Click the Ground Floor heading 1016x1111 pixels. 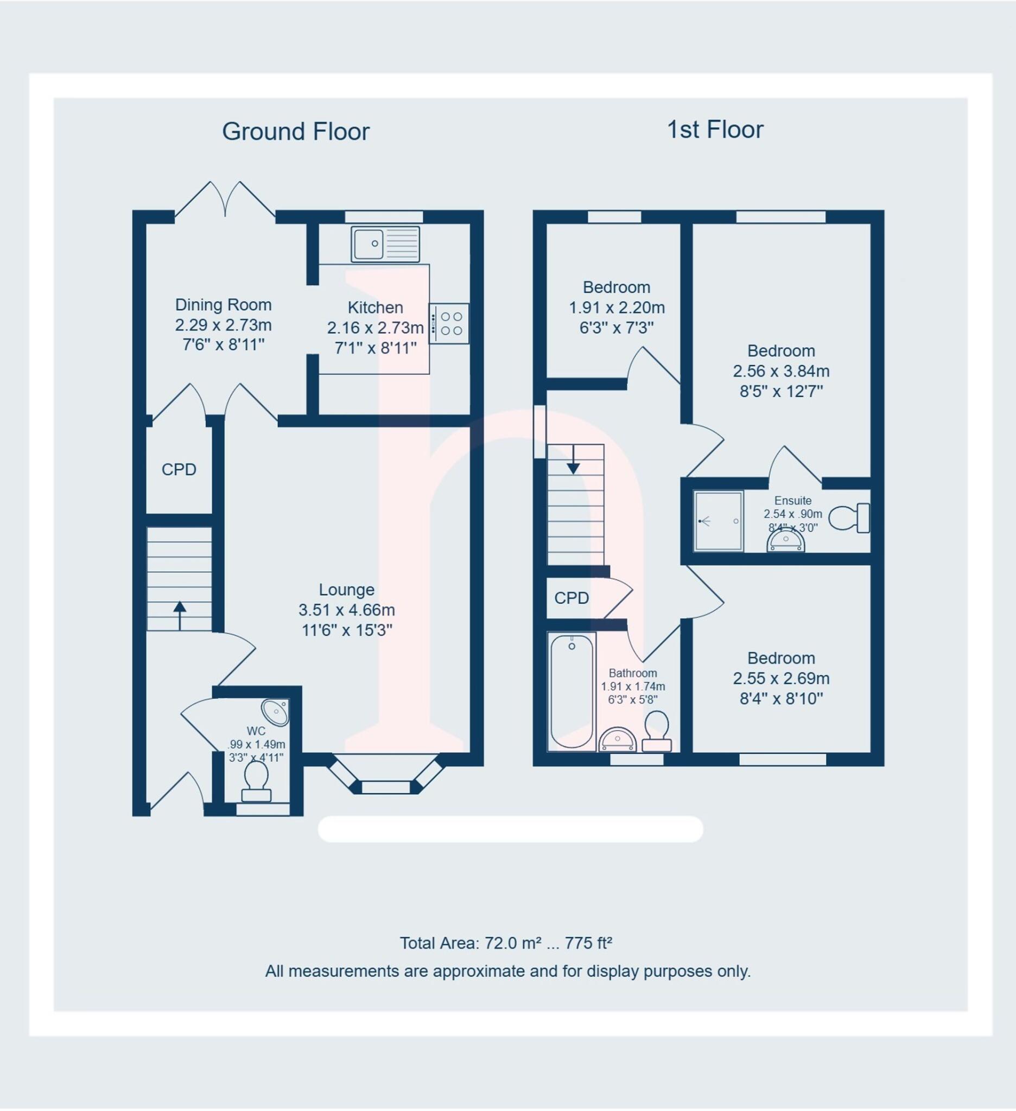tap(295, 132)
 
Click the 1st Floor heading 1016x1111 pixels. tap(714, 130)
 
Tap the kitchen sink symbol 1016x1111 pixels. tap(385, 244)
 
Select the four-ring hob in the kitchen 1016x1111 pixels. tap(449, 324)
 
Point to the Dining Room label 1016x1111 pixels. tap(223, 305)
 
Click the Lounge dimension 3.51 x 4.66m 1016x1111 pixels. tap(346, 610)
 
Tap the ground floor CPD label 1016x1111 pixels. tap(179, 470)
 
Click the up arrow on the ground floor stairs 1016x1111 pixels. tap(180, 615)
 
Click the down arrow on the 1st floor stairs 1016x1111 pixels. tap(573, 459)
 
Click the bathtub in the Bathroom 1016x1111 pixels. tap(571, 692)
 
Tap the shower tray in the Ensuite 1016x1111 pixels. tap(719, 521)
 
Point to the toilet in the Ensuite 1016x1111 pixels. tap(849, 518)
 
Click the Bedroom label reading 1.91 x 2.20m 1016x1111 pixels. tap(617, 307)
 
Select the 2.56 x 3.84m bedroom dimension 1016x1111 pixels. tap(780, 372)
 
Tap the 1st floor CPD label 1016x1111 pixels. tap(571, 598)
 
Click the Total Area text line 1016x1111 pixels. tap(505, 943)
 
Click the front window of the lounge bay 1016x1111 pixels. tap(385, 787)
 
